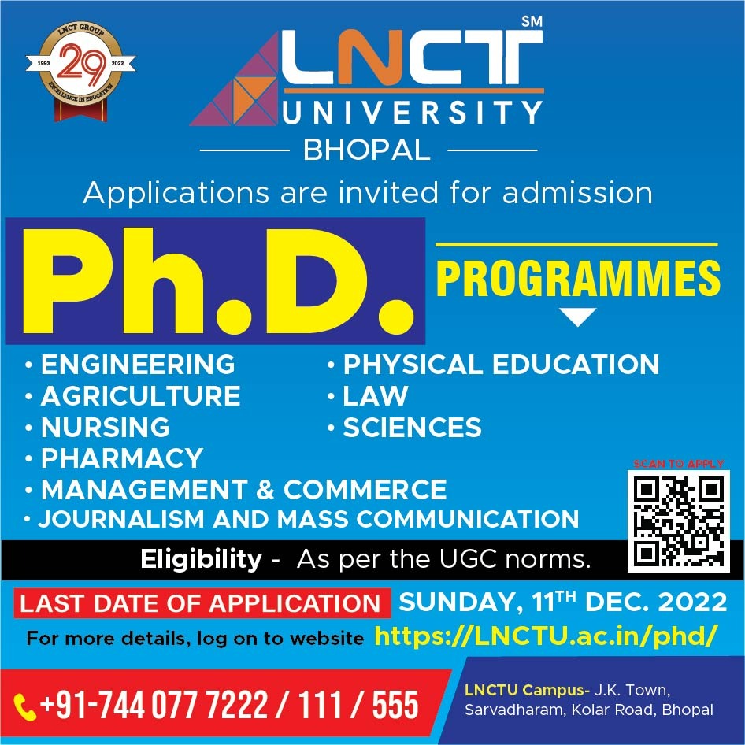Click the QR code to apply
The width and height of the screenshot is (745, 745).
tap(679, 521)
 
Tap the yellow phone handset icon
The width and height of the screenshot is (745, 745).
tap(24, 707)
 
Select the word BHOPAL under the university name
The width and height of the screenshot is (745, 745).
tap(367, 150)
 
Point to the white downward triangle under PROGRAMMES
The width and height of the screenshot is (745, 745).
tap(578, 317)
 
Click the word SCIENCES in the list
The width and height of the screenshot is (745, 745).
tap(413, 427)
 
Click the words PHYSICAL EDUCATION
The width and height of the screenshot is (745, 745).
tap(501, 365)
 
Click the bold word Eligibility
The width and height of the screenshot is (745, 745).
tap(201, 559)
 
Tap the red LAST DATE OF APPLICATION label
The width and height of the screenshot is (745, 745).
tap(200, 603)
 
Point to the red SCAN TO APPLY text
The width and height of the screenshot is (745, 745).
tap(679, 464)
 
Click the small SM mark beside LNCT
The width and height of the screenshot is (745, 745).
tap(532, 21)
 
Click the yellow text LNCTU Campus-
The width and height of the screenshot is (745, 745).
tap(527, 689)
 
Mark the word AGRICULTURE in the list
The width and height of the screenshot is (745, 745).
tap(141, 396)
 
